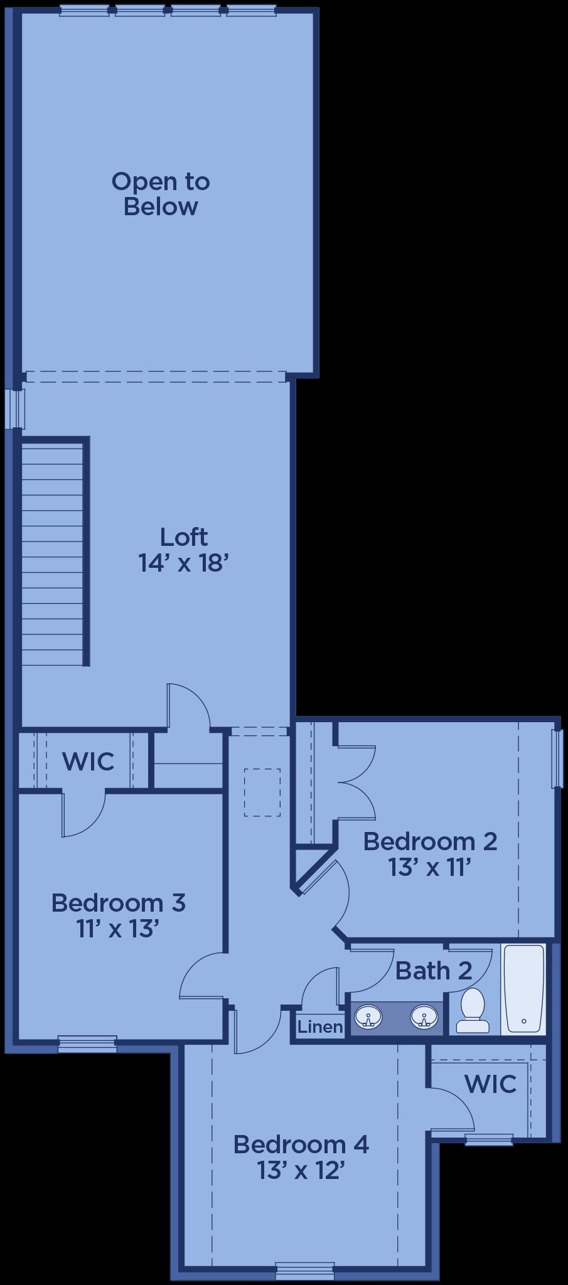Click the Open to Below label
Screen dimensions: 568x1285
click(161, 194)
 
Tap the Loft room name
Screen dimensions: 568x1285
click(183, 537)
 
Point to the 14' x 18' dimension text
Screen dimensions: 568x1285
click(181, 563)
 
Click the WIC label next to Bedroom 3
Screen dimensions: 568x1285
click(88, 762)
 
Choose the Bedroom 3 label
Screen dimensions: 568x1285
click(119, 902)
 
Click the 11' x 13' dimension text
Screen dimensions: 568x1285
click(116, 929)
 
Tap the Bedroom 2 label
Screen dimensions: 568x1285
click(431, 841)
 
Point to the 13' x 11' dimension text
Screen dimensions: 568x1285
click(430, 868)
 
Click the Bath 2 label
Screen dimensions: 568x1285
click(434, 971)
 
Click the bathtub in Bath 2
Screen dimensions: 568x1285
click(524, 988)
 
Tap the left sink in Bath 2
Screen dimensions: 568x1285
click(368, 1016)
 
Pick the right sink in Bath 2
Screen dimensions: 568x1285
click(425, 1016)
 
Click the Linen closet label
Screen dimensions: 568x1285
click(320, 1027)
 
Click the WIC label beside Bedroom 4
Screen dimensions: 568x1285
click(490, 1084)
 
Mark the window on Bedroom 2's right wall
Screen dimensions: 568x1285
click(555, 758)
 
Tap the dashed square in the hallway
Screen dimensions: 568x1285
click(262, 792)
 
